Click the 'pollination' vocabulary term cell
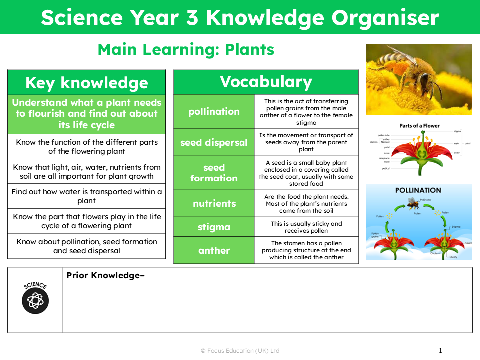pyautogui.click(x=214, y=111)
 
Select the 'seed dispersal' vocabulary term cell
pyautogui.click(x=214, y=142)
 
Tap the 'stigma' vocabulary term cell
pyautogui.click(x=214, y=227)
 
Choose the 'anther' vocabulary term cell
pyautogui.click(x=214, y=250)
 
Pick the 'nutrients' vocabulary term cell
pyautogui.click(x=214, y=203)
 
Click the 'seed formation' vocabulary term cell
pyautogui.click(x=214, y=173)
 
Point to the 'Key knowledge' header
pyautogui.click(x=86, y=82)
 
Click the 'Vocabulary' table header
pyautogui.click(x=265, y=82)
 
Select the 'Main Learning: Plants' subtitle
pyautogui.click(x=186, y=49)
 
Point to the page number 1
pyautogui.click(x=440, y=351)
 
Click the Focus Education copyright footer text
pyautogui.click(x=240, y=351)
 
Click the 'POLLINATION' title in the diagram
pyautogui.click(x=418, y=190)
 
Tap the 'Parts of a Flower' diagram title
pyautogui.click(x=419, y=126)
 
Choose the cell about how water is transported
pyautogui.click(x=86, y=196)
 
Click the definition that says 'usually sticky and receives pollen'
pyautogui.click(x=306, y=227)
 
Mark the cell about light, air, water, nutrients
pyautogui.click(x=86, y=172)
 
